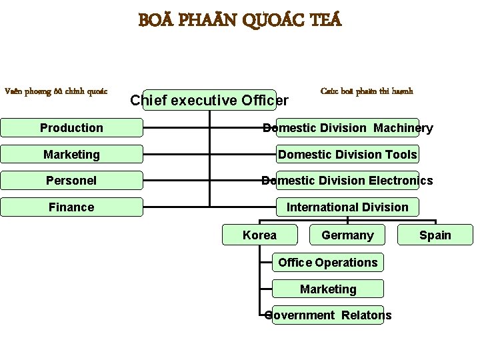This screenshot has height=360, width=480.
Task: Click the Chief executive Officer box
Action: [x=209, y=100]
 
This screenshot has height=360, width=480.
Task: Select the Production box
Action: [x=71, y=128]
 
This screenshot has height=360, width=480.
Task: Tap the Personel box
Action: [x=71, y=181]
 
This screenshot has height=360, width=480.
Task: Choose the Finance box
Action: [x=71, y=207]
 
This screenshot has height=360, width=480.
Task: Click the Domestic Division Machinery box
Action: [x=347, y=128]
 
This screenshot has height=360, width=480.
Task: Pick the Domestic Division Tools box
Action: [x=347, y=155]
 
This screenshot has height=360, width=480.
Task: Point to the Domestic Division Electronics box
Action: [x=347, y=181]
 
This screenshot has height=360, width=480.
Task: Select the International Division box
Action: [x=347, y=207]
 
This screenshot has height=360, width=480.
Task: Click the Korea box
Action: [x=259, y=235]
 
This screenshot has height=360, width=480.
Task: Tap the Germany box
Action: [x=347, y=235]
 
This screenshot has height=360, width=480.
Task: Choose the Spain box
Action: [x=435, y=235]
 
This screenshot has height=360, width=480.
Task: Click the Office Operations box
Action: [x=328, y=263]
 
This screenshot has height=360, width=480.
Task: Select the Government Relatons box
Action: [x=328, y=315]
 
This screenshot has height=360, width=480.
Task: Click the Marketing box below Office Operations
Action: [x=328, y=289]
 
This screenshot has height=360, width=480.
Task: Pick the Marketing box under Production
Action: [x=71, y=155]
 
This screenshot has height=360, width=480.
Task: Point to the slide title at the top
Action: [x=240, y=21]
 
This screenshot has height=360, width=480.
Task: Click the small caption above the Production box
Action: [x=56, y=91]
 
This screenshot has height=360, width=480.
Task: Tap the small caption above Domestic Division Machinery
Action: [x=366, y=91]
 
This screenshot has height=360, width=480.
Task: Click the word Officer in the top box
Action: [x=265, y=101]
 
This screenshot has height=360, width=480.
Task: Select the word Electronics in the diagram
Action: [x=401, y=181]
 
